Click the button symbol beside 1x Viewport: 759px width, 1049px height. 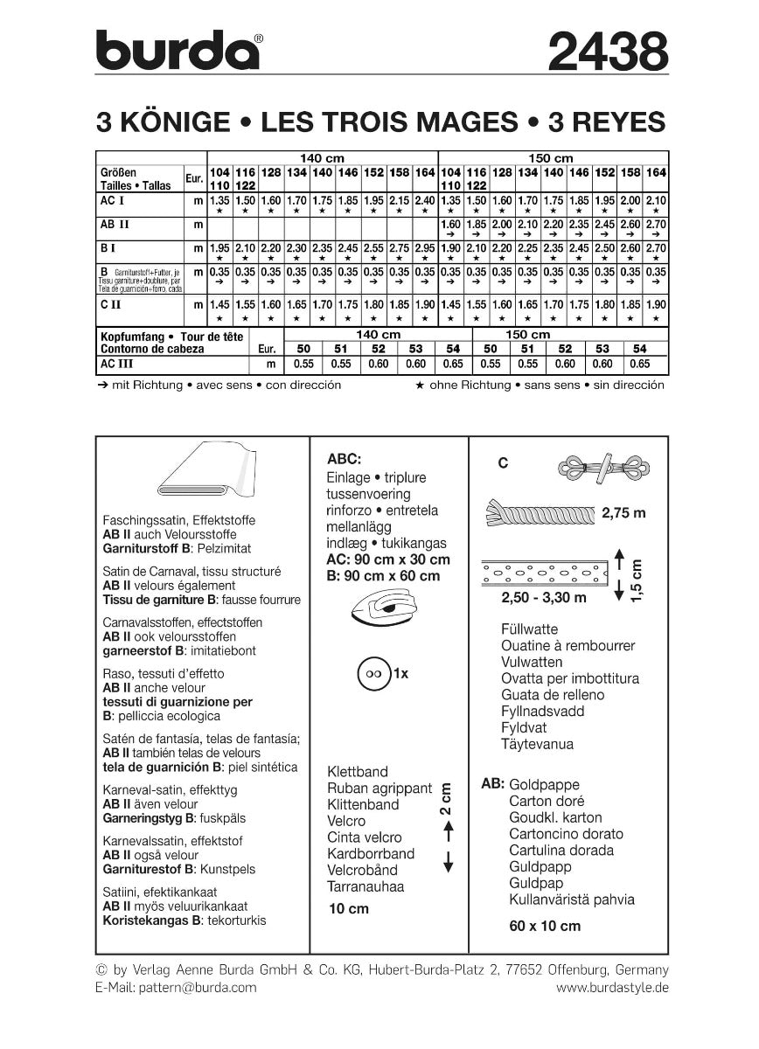pyautogui.click(x=375, y=675)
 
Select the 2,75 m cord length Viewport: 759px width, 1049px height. pyautogui.click(x=623, y=513)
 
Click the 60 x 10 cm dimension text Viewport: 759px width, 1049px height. pyautogui.click(x=544, y=926)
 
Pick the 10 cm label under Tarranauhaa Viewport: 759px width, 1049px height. pyautogui.click(x=348, y=908)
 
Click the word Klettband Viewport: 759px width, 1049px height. pyautogui.click(x=357, y=772)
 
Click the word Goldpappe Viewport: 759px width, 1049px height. pyautogui.click(x=544, y=784)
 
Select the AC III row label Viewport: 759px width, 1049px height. pyautogui.click(x=121, y=363)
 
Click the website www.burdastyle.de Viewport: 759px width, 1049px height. pyautogui.click(x=612, y=987)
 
